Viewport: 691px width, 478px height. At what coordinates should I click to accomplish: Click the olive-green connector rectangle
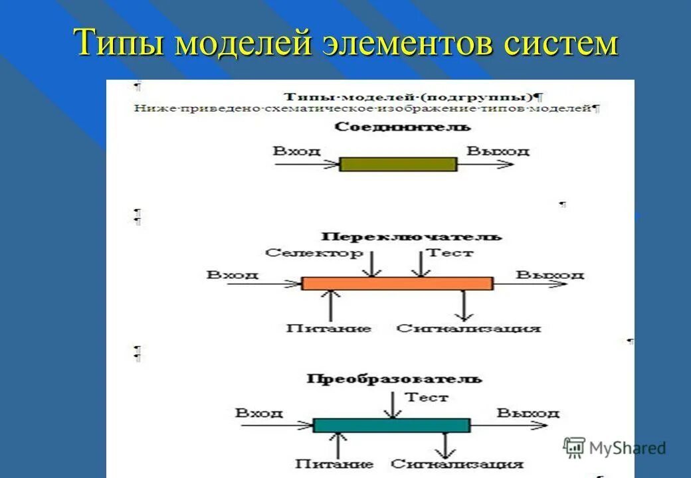[398, 164]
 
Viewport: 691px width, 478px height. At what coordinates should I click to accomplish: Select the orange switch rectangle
[397, 283]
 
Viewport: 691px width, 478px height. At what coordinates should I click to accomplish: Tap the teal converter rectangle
[391, 425]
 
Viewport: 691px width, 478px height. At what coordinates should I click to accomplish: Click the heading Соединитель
[403, 127]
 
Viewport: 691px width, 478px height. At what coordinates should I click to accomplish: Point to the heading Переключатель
[412, 236]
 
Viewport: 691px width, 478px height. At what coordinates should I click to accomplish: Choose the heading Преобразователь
[395, 379]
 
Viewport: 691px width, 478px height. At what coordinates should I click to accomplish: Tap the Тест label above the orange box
[449, 253]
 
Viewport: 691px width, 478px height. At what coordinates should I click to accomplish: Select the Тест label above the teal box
[427, 398]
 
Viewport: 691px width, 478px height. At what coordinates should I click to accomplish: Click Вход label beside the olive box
[296, 151]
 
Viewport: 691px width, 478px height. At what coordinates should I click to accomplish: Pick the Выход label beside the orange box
[550, 274]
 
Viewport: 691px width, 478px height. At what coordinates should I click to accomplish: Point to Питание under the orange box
[329, 328]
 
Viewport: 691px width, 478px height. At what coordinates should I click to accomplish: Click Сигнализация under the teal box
[457, 465]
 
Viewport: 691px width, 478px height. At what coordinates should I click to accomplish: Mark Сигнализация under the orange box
[468, 328]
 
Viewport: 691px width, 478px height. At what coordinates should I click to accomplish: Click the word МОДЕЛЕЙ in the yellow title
[245, 44]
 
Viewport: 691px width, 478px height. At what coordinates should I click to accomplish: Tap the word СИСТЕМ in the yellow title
[560, 44]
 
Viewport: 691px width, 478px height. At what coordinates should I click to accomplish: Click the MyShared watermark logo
[614, 447]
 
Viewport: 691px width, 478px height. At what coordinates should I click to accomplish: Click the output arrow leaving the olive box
[485, 164]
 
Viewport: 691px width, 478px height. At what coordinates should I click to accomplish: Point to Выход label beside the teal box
[528, 413]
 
